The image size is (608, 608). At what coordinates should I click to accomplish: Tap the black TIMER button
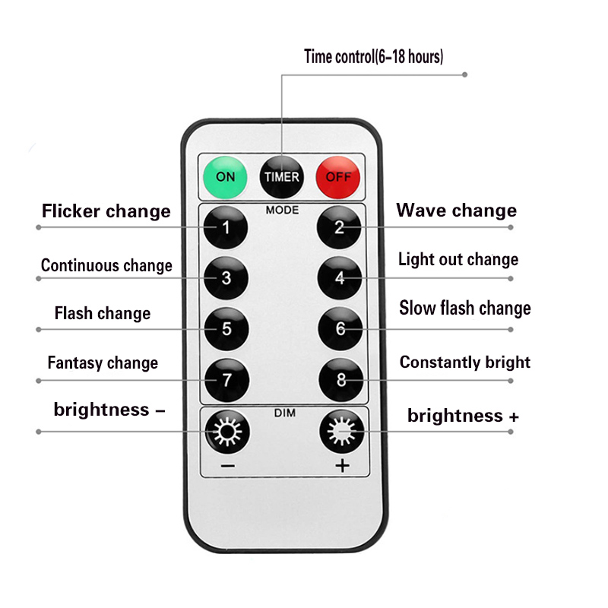pyautogui.click(x=282, y=177)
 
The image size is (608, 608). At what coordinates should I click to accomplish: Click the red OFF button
pyautogui.click(x=338, y=177)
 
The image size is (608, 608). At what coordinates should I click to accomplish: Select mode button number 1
pyautogui.click(x=226, y=227)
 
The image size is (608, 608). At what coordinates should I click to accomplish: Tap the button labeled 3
pyautogui.click(x=226, y=278)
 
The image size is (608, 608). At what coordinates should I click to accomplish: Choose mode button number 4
pyautogui.click(x=340, y=277)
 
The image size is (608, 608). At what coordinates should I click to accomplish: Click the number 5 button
pyautogui.click(x=226, y=329)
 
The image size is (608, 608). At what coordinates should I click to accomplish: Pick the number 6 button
pyautogui.click(x=340, y=329)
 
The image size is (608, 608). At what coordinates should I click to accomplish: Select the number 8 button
pyautogui.click(x=341, y=379)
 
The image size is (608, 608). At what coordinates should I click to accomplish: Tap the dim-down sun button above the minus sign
pyautogui.click(x=227, y=432)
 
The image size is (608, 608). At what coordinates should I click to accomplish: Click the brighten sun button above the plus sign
pyautogui.click(x=341, y=431)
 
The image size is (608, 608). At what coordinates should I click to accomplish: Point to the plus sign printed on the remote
pyautogui.click(x=343, y=465)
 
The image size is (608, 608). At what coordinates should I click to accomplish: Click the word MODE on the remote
pyautogui.click(x=282, y=211)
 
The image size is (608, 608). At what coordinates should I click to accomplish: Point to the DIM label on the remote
pyautogui.click(x=285, y=413)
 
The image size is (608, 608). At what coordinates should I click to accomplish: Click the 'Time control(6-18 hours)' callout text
pyautogui.click(x=373, y=56)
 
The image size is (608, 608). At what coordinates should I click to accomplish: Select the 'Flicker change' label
pyautogui.click(x=106, y=212)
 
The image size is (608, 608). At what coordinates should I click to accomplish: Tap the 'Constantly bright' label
pyautogui.click(x=465, y=363)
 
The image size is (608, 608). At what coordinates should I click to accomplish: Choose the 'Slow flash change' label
pyautogui.click(x=465, y=309)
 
